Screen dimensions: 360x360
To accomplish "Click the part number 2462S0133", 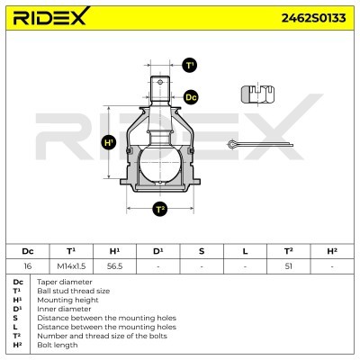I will pos(311,17).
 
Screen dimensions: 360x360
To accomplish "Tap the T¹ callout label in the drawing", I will pos(190,66).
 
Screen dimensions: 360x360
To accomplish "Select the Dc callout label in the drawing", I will pos(190,96).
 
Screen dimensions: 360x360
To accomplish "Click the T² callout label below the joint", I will pos(160,209).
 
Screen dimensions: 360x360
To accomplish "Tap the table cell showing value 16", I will pos(27,266).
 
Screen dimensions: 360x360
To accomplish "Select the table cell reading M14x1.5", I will pos(70,266).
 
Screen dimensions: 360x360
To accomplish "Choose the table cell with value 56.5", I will pos(114,266).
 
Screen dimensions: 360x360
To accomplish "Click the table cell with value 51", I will pos(289,266).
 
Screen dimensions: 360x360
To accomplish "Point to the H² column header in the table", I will pos(332,251).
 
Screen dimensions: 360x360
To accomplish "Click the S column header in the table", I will pos(202,251).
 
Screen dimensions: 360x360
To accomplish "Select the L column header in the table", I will pos(245,251).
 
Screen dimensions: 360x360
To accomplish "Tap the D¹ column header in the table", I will pos(157,251).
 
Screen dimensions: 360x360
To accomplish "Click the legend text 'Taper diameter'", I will pos(59,283).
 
